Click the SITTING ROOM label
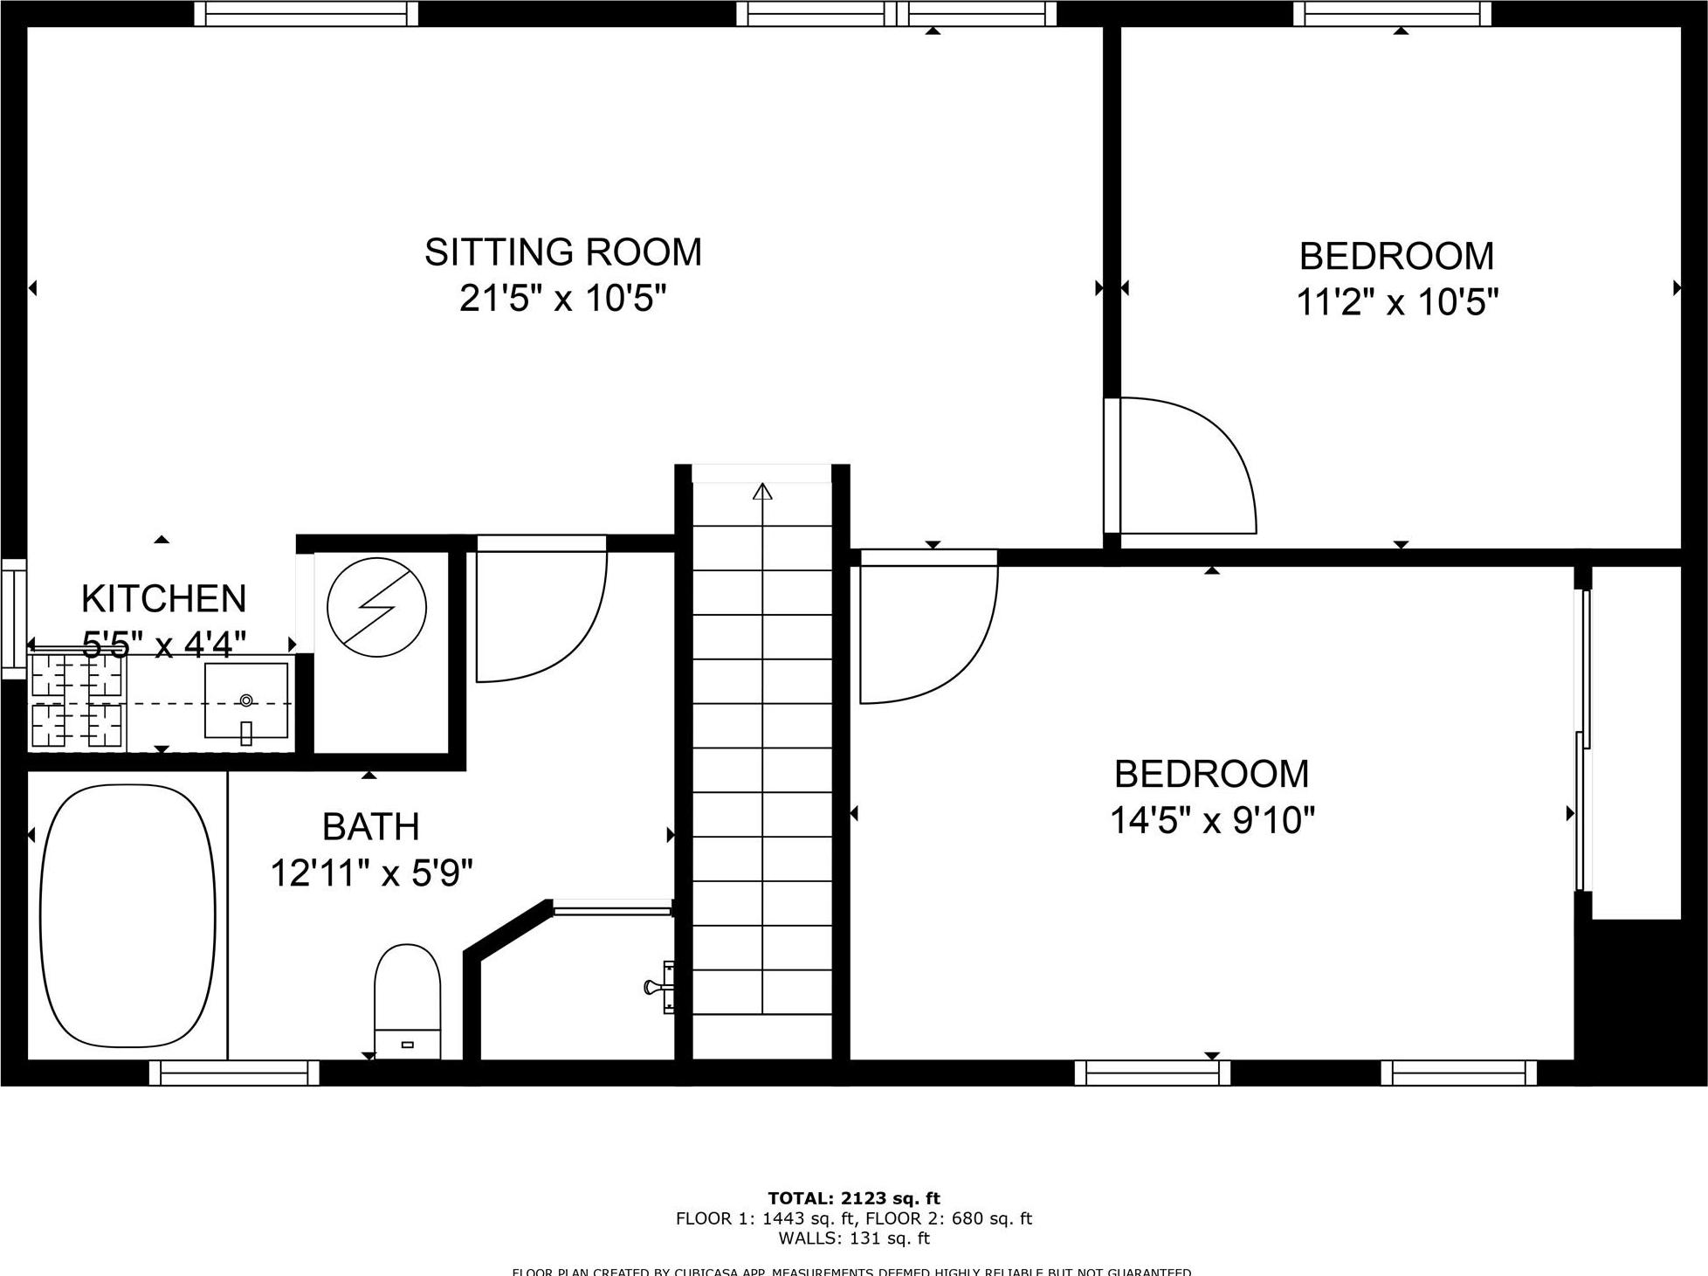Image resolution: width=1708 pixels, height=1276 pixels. [563, 252]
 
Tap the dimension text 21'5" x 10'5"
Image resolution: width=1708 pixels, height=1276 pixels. [563, 300]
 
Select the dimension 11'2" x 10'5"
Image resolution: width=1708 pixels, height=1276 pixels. [1397, 303]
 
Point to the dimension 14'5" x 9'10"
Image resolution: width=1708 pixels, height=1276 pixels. [1212, 821]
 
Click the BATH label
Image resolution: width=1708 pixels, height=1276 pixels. [371, 826]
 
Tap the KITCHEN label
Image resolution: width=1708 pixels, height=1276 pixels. [163, 599]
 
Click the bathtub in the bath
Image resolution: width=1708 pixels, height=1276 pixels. [127, 915]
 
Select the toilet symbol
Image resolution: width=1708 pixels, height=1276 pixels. [407, 1000]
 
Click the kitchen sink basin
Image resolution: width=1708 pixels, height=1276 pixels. [246, 700]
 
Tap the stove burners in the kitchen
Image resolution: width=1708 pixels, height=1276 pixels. [77, 700]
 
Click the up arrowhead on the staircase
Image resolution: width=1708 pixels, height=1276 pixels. [762, 491]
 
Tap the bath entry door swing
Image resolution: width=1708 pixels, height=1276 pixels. [540, 616]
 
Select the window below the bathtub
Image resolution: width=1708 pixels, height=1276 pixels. [234, 1073]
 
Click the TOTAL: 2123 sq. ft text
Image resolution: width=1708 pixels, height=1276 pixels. [853, 1199]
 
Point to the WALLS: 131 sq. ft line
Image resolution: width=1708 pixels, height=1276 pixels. [853, 1238]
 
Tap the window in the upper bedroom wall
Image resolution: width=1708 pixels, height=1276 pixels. [1392, 13]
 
